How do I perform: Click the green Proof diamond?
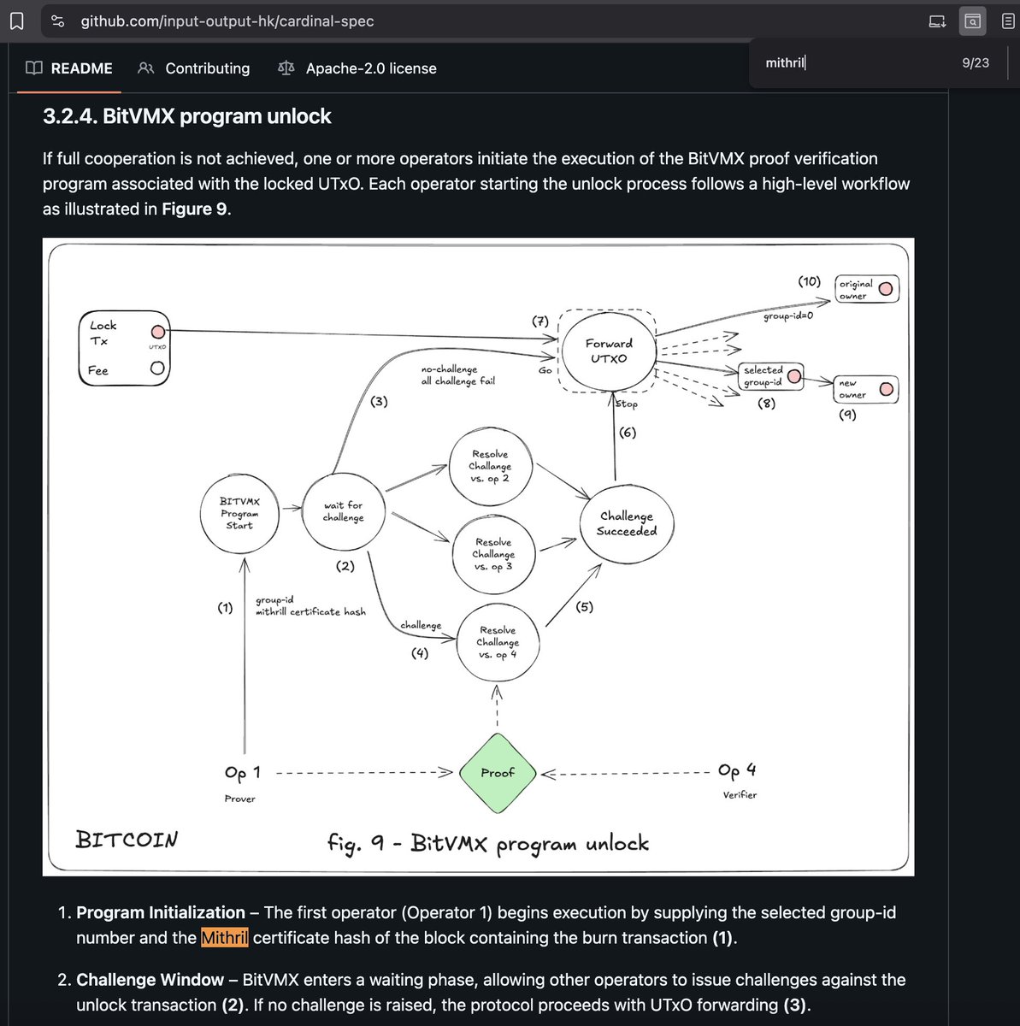point(497,773)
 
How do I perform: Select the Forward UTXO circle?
point(608,351)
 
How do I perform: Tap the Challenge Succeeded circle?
point(627,523)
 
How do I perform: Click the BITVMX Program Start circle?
point(239,513)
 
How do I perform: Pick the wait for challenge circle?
point(344,511)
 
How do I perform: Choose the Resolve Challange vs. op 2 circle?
point(490,467)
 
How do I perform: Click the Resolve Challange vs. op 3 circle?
point(493,554)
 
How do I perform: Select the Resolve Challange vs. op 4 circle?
point(498,643)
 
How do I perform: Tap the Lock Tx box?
point(122,347)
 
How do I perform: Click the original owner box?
point(866,289)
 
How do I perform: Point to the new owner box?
point(865,389)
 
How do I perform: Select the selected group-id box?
point(771,376)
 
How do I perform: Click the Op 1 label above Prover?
point(242,773)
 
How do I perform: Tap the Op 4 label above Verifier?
point(737,770)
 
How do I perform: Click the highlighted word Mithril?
point(224,938)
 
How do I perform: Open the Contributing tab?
point(207,68)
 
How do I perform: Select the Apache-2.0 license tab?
point(370,68)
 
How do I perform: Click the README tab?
point(81,68)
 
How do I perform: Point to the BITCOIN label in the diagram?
point(127,840)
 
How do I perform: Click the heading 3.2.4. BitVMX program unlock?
point(187,116)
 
